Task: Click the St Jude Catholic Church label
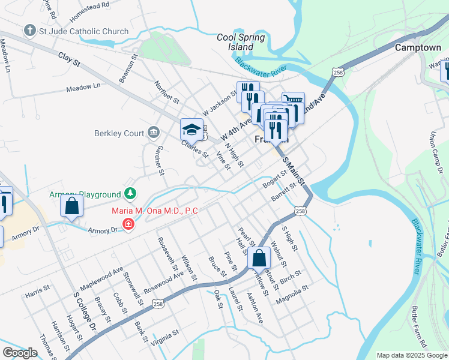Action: click(83, 31)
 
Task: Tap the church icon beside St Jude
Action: click(29, 31)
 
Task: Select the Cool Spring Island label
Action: click(241, 42)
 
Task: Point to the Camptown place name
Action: click(418, 47)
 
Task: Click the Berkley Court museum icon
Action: click(153, 132)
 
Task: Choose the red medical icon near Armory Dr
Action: click(128, 224)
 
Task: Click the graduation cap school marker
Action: click(191, 129)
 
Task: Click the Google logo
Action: click(20, 352)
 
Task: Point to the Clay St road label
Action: click(69, 59)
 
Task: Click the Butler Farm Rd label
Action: click(418, 328)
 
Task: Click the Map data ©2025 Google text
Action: click(411, 355)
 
